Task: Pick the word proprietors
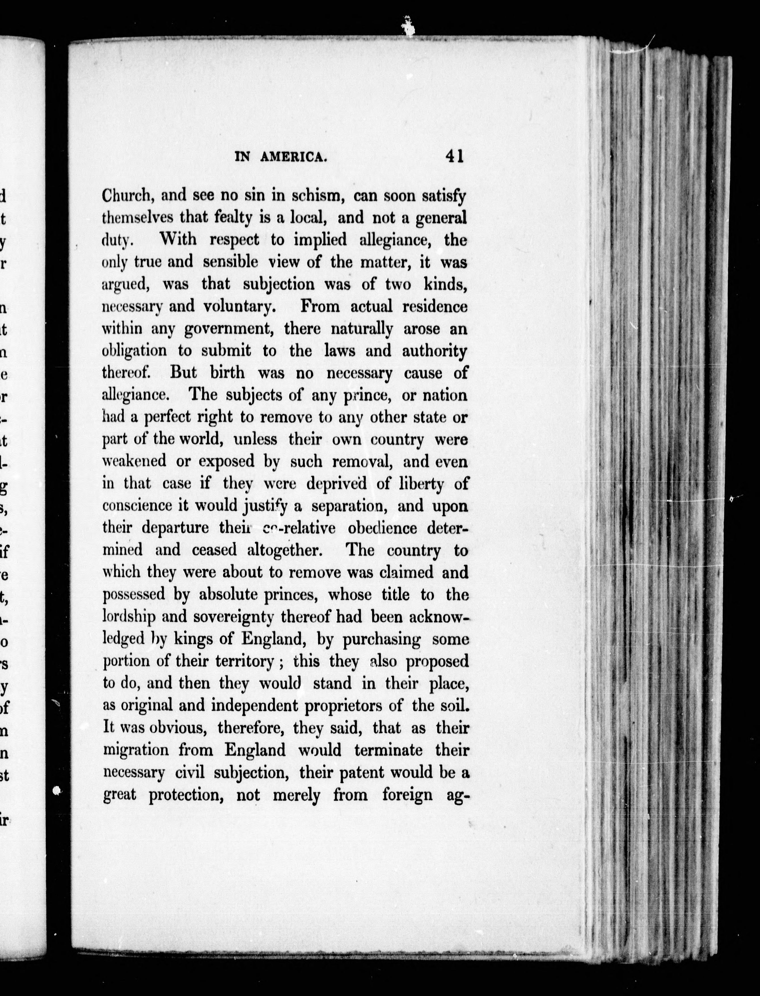355,705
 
